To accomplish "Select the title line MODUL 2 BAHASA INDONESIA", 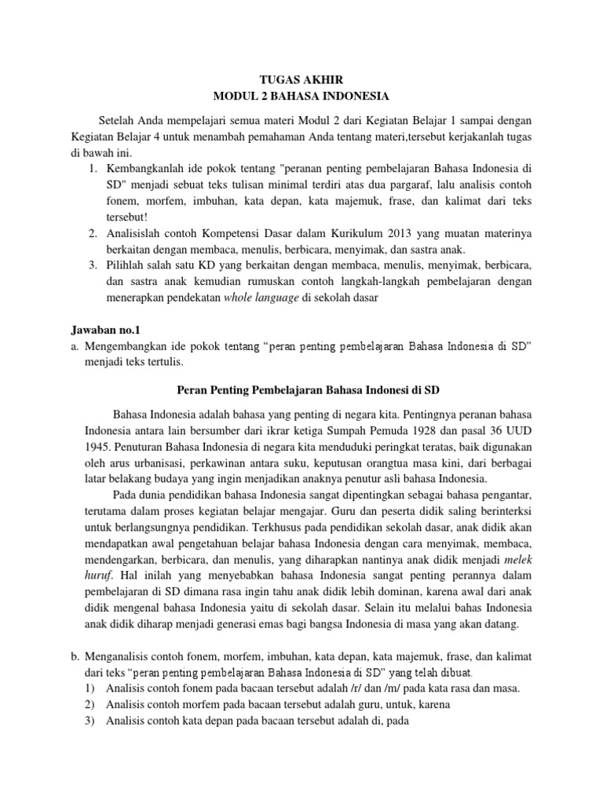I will pos(301,97).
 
